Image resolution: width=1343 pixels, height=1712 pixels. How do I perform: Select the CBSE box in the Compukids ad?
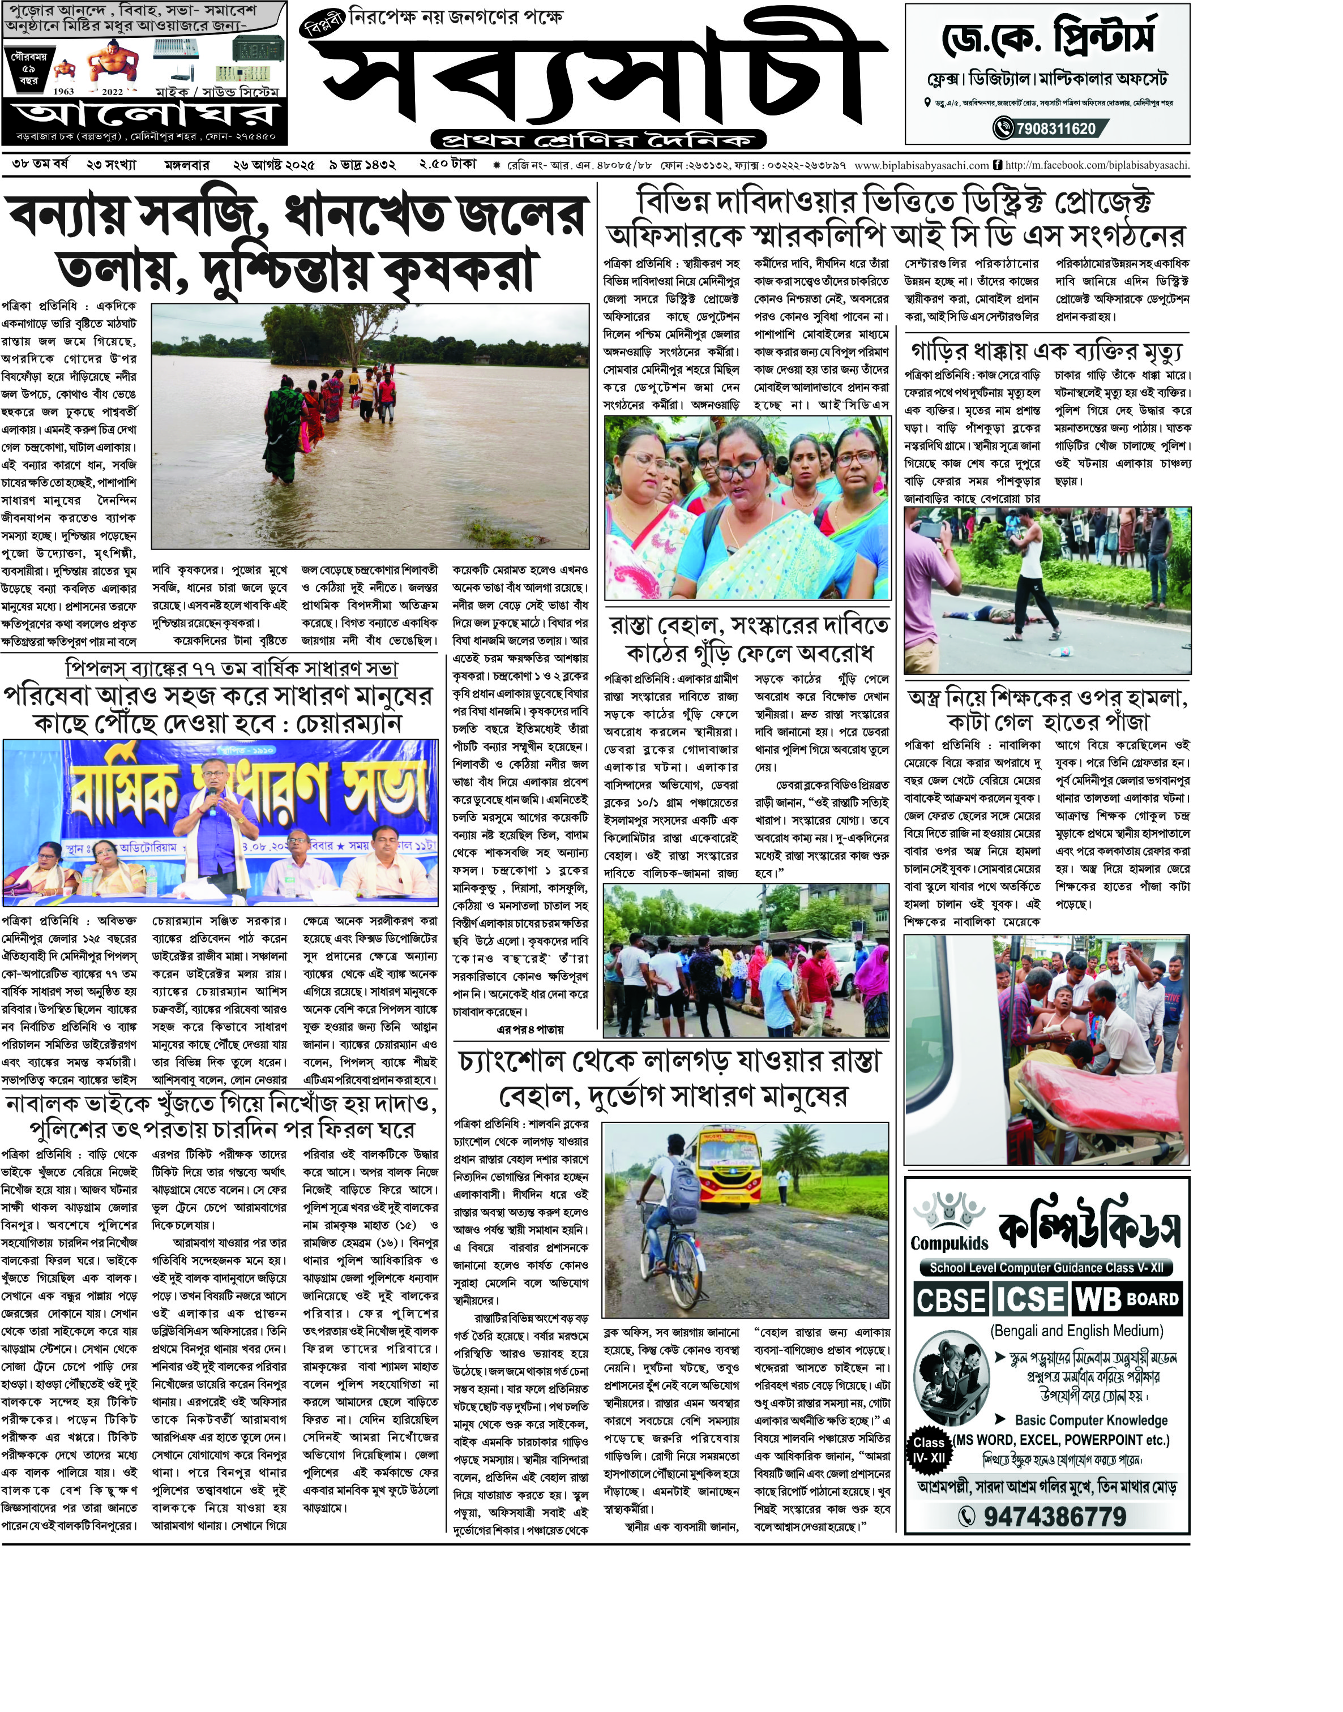(951, 1299)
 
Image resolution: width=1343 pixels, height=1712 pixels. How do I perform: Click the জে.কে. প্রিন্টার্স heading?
(1048, 38)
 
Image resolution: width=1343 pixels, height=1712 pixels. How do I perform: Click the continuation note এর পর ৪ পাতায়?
(530, 1029)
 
